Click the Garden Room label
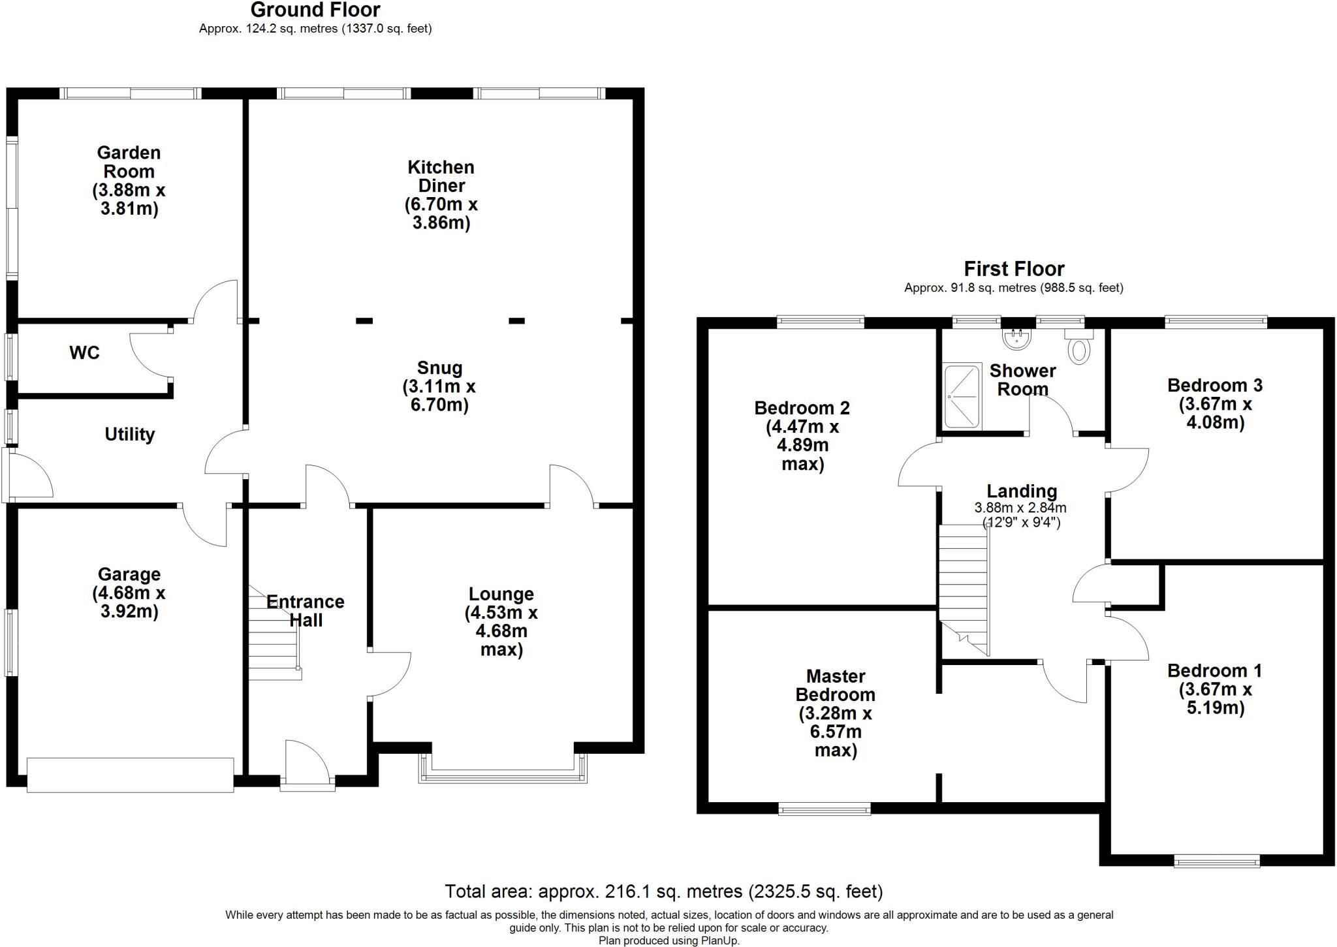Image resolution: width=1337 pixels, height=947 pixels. pos(129,162)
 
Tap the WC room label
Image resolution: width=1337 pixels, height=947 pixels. pos(84,353)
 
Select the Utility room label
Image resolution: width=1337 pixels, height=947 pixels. pos(129,434)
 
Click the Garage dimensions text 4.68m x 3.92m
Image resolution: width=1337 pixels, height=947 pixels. pos(129,602)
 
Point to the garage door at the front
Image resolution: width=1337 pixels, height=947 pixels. pos(130,775)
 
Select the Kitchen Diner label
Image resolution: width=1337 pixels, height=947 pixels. pos(441,176)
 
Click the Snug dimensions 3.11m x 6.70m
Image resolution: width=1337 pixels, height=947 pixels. pos(439,396)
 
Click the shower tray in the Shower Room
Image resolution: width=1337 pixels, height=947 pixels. pos(962,397)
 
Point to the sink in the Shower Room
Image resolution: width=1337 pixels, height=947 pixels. pos(1015,337)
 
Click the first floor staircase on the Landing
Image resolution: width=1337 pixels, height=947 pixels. pos(963,587)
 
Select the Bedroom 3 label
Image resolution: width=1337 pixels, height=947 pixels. pos(1215,385)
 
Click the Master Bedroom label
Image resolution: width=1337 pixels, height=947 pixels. pos(835,685)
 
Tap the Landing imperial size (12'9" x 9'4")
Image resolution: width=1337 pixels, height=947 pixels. pos(1021,522)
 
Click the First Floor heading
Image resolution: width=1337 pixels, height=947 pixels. pos(1014,269)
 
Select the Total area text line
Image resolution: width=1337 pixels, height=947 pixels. pos(663,892)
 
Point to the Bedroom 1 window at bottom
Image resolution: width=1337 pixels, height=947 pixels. pos(1217,862)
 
